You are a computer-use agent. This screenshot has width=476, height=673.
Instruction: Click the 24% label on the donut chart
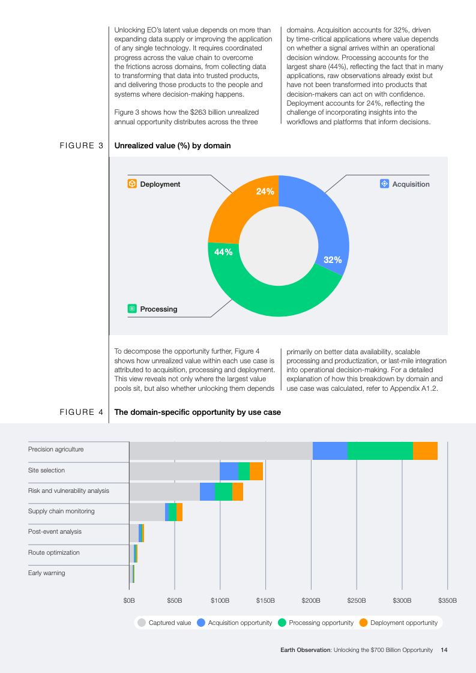click(265, 192)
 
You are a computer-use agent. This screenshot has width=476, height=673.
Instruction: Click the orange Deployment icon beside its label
click(132, 184)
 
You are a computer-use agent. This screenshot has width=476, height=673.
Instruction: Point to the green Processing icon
click(132, 309)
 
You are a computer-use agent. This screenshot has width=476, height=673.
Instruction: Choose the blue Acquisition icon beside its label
click(385, 184)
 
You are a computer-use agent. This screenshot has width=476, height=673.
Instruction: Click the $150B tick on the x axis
click(265, 600)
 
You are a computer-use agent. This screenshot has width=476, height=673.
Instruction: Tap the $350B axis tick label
click(447, 600)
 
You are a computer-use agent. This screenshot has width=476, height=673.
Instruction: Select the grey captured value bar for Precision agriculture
click(221, 451)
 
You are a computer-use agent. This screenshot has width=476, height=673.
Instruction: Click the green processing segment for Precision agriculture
click(380, 451)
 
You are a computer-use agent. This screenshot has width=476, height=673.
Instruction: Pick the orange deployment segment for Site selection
click(256, 471)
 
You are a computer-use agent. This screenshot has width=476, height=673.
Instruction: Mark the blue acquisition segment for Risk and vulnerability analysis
click(207, 492)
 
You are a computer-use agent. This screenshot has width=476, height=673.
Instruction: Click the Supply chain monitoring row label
click(61, 511)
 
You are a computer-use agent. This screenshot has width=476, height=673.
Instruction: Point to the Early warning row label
click(46, 573)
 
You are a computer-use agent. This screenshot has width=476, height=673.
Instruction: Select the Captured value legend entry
click(164, 623)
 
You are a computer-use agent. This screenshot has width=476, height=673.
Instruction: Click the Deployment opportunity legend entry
click(399, 623)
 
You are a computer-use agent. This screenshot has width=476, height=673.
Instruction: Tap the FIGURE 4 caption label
click(82, 412)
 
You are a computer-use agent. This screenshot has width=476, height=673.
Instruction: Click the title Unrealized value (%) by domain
click(172, 145)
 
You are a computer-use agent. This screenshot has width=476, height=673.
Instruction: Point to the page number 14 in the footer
click(444, 650)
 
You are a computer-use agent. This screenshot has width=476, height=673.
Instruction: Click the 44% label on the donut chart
click(224, 252)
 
